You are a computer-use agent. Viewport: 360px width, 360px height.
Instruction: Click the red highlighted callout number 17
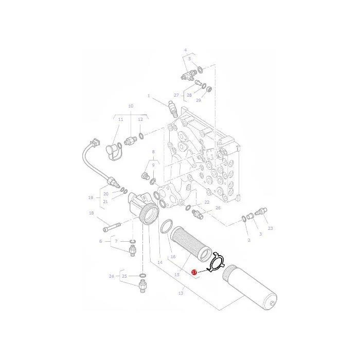coord(194,272)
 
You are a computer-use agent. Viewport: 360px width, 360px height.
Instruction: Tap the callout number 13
coord(181,293)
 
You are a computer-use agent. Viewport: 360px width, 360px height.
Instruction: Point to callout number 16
coord(173,257)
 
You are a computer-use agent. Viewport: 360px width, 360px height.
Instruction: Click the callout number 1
coord(149,96)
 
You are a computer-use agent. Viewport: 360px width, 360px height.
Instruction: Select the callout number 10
coord(131,106)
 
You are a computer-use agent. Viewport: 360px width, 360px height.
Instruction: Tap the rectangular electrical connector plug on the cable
coord(96,142)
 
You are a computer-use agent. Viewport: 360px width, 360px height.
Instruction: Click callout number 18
coord(91,213)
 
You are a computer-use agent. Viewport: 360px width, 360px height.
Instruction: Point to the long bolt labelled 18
coord(112,227)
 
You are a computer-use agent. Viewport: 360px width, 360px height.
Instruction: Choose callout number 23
coord(270,228)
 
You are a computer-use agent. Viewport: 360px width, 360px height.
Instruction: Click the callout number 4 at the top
coord(186,50)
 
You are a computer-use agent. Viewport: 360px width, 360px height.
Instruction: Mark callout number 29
coord(199,100)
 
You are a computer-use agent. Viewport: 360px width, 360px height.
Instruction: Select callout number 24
coord(112,276)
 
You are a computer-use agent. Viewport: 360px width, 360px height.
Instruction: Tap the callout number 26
coord(218,208)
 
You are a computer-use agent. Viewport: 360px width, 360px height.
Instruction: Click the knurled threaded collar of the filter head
coord(149,214)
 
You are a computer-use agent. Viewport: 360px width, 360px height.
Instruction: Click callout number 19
coord(91,197)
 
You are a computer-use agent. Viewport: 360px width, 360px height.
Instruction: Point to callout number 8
coord(153,152)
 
